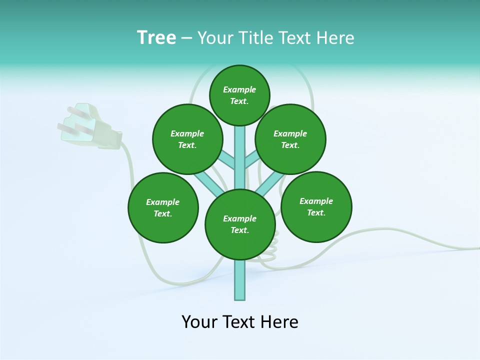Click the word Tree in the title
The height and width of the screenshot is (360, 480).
pyautogui.click(x=156, y=38)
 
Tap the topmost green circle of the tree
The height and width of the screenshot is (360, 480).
pyautogui.click(x=239, y=95)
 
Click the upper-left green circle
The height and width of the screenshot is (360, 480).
pyautogui.click(x=187, y=139)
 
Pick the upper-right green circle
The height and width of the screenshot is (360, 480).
pyautogui.click(x=290, y=139)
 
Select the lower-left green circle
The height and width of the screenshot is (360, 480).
pyautogui.click(x=163, y=207)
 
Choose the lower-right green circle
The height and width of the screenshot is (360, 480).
pyautogui.click(x=316, y=206)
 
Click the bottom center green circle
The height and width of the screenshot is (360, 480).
pyautogui.click(x=240, y=224)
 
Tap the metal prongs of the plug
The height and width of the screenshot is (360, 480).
pyautogui.click(x=70, y=122)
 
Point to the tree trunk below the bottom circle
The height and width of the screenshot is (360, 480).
pyautogui.click(x=240, y=280)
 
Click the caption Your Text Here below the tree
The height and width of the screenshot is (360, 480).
pyautogui.click(x=240, y=322)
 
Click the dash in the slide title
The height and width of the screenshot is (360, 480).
pyautogui.click(x=186, y=38)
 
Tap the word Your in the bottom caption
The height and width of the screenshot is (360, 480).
pyautogui.click(x=199, y=322)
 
